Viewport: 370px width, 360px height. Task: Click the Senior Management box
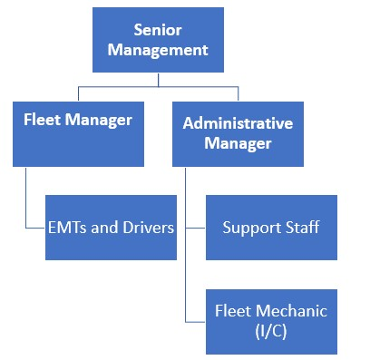(158, 40)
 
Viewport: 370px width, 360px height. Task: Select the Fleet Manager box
(78, 133)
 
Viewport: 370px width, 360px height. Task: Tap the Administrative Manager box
(238, 133)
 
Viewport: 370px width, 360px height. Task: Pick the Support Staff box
(271, 228)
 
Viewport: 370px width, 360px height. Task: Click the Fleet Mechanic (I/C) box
(271, 321)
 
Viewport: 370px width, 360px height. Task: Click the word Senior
(158, 30)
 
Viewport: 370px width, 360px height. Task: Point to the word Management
(158, 49)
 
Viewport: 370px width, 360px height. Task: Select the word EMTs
(64, 228)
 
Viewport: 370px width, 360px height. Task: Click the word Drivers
(147, 228)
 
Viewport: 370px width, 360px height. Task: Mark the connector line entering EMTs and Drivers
(36, 228)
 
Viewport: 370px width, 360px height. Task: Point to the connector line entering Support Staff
(195, 228)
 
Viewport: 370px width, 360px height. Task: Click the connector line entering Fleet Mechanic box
(195, 321)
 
